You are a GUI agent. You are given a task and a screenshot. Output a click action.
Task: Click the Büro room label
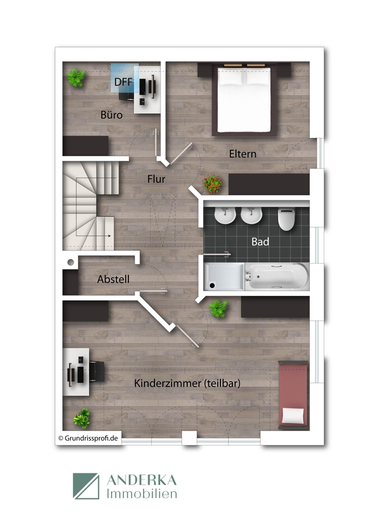point(112,115)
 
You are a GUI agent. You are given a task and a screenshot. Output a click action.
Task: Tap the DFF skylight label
point(123,82)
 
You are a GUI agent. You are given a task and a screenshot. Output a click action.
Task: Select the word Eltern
point(243,154)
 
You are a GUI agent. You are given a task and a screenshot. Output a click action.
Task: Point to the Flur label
point(156,179)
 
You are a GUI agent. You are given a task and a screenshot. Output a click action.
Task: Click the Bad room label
point(260,242)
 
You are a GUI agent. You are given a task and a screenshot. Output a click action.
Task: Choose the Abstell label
point(113,279)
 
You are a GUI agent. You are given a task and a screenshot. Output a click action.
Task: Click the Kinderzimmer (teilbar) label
point(187,383)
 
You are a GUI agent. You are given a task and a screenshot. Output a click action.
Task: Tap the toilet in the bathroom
point(286,219)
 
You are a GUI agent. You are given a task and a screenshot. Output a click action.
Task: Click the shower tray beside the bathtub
point(224,276)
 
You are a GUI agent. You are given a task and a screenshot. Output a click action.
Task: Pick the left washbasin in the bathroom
point(224,216)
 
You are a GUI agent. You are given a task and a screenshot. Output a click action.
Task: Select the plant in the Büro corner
point(77,78)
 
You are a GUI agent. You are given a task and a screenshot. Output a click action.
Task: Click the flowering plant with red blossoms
point(213,184)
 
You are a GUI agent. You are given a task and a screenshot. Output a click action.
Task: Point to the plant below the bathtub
point(218,309)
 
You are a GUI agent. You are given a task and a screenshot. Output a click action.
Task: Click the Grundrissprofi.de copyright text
point(88,438)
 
